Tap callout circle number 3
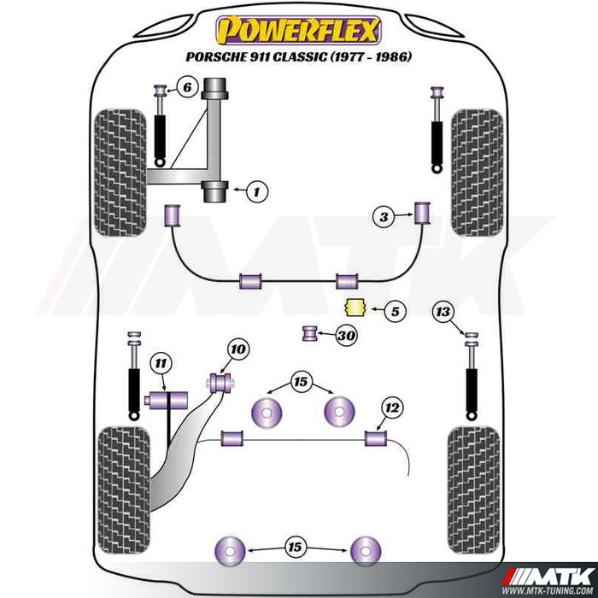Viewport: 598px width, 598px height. [384, 219]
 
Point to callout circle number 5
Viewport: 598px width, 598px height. [394, 312]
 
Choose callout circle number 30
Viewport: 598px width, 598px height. [345, 336]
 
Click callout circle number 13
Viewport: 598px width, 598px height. [442, 313]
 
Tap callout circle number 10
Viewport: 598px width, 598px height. [237, 349]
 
